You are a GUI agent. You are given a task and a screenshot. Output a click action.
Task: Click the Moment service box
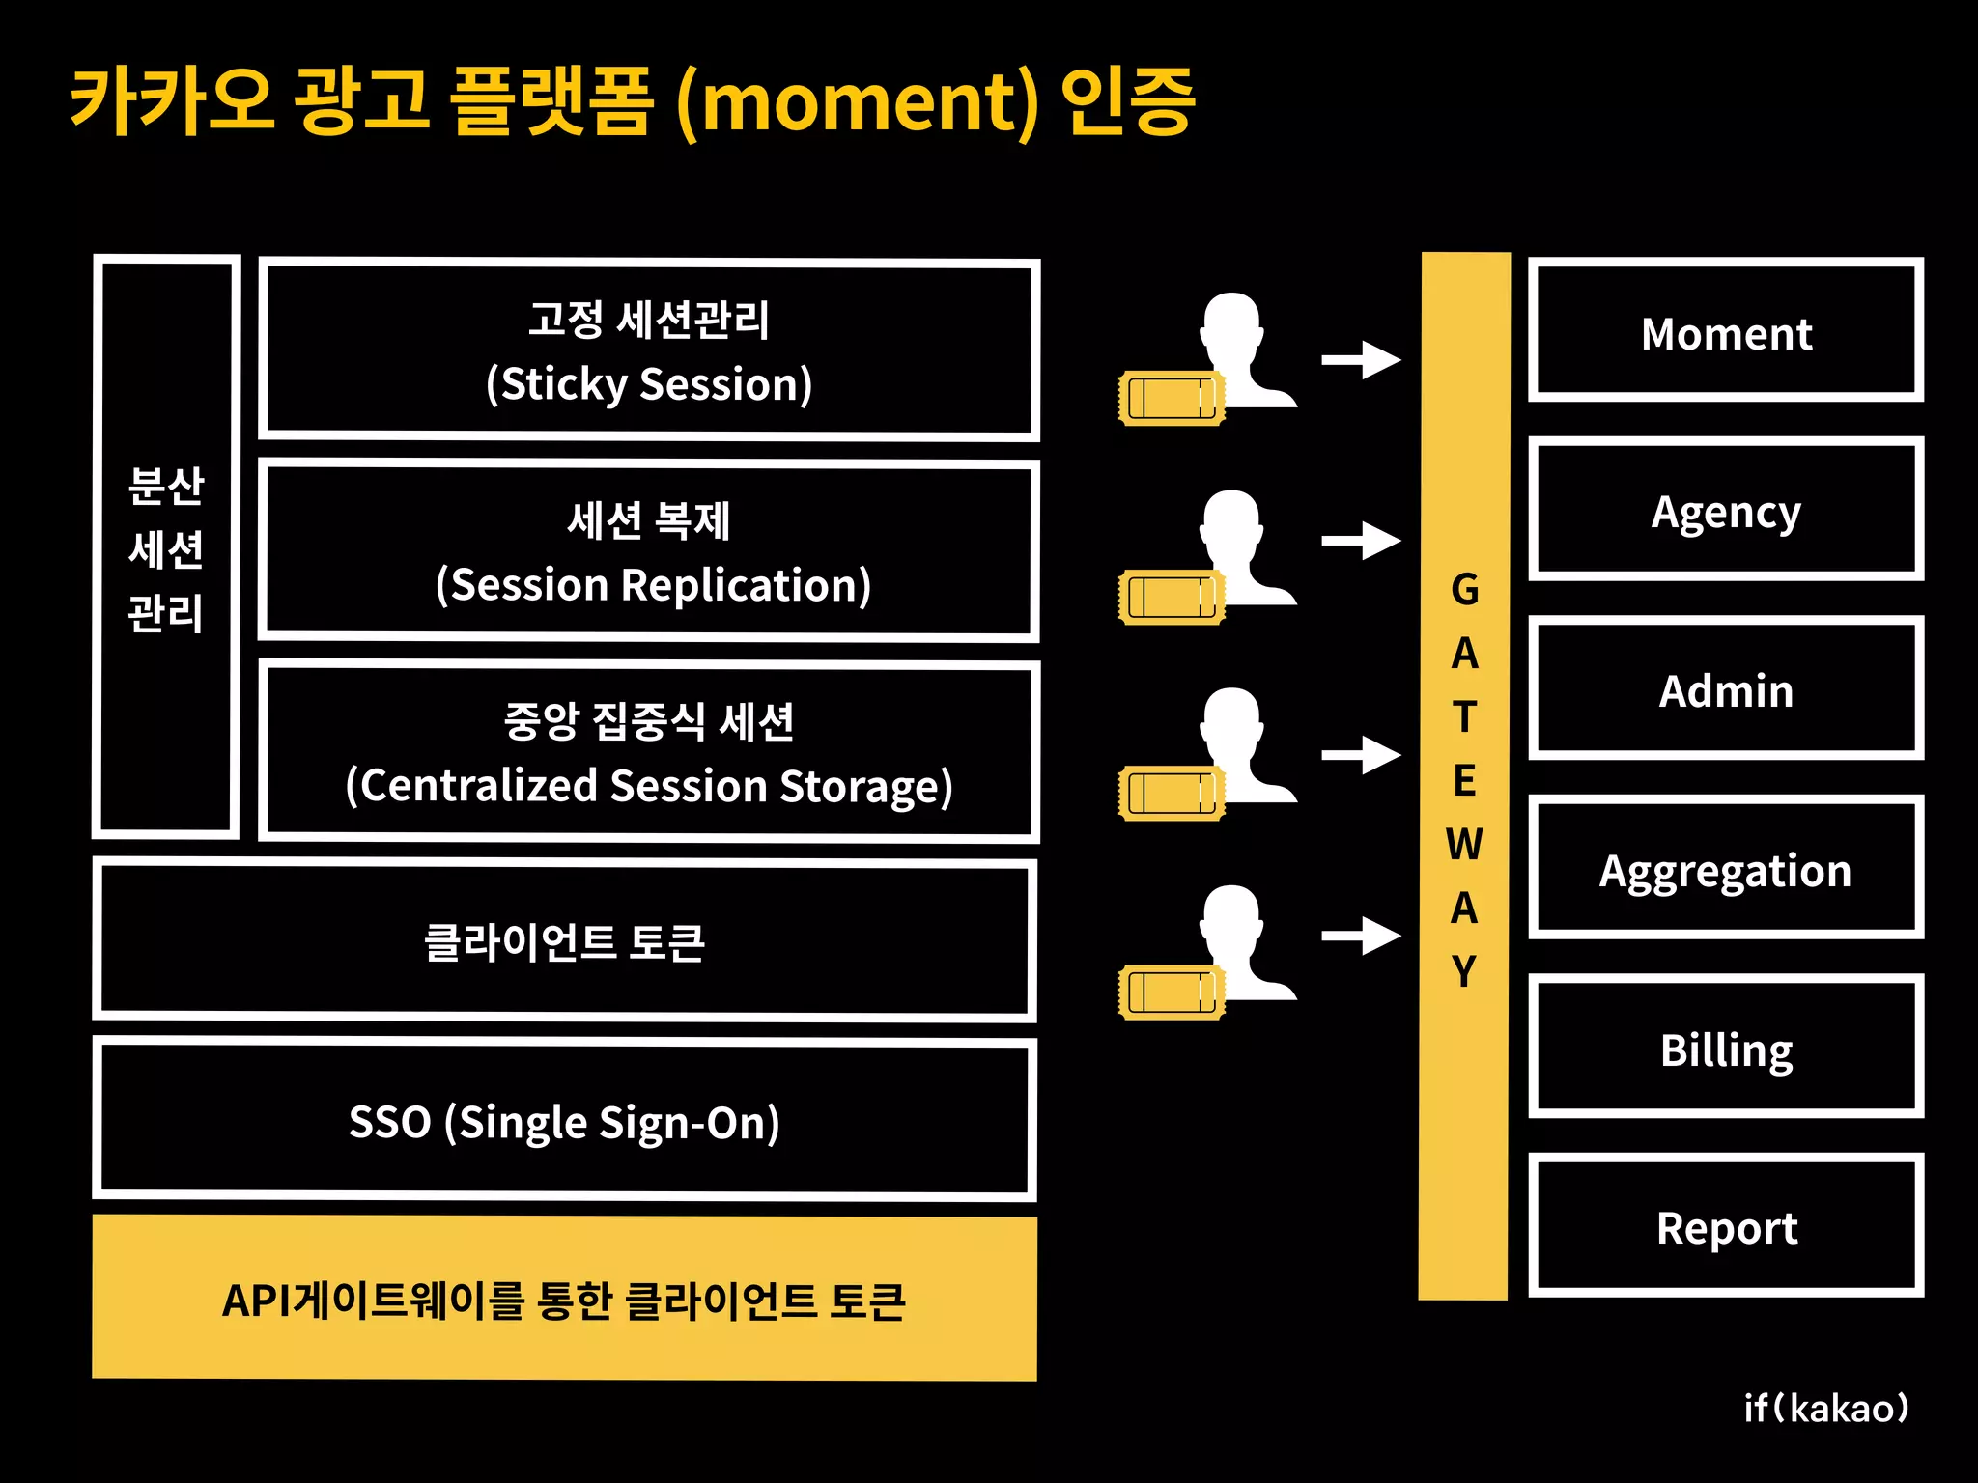(x=1726, y=330)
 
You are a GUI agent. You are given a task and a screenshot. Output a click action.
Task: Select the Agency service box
(x=1726, y=509)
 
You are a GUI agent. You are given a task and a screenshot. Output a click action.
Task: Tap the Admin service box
(x=1726, y=688)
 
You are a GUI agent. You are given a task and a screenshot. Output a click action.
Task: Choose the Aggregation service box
(x=1726, y=868)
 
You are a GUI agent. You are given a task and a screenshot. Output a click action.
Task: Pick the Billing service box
(x=1726, y=1047)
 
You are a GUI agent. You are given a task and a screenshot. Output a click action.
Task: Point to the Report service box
(x=1726, y=1225)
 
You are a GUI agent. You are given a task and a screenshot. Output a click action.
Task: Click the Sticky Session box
(x=649, y=350)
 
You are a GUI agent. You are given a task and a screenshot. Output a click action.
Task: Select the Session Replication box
(x=649, y=551)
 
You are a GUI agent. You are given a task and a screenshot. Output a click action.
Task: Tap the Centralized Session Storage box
(x=649, y=752)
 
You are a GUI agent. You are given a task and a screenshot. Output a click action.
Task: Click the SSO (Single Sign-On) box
(x=564, y=1121)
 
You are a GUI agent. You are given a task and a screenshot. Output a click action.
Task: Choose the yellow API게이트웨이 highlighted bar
(x=564, y=1299)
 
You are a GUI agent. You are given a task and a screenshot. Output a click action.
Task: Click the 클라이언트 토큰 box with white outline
(x=564, y=940)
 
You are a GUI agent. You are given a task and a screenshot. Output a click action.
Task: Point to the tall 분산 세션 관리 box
(x=166, y=546)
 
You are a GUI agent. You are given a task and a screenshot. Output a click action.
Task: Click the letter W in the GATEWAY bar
(x=1464, y=844)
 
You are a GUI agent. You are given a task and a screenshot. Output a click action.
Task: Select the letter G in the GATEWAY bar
(x=1464, y=589)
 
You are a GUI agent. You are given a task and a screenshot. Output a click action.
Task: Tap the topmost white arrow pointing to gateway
(x=1361, y=360)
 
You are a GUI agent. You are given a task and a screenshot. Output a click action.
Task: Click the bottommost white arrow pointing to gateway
(x=1361, y=935)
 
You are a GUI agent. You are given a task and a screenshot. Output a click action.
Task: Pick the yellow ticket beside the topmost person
(x=1171, y=398)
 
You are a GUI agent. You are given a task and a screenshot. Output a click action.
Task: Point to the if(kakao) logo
(x=1825, y=1408)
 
